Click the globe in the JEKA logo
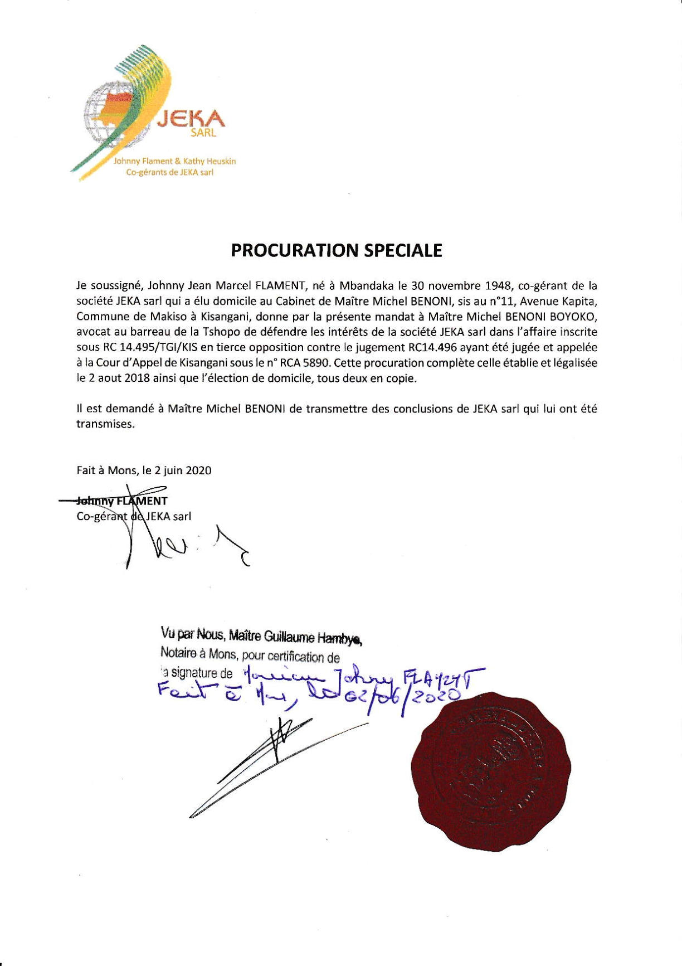114,114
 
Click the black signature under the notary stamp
273,758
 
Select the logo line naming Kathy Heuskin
174,161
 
